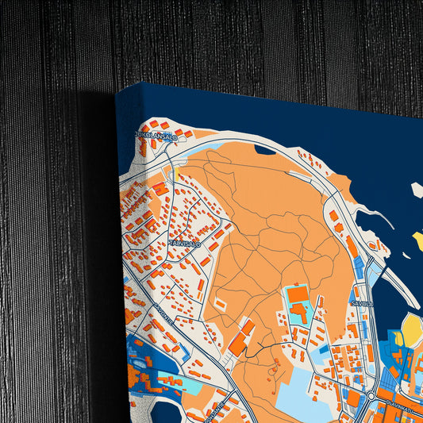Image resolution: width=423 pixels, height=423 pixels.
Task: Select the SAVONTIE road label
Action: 144,307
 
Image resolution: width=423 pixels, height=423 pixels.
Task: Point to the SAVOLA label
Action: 361,302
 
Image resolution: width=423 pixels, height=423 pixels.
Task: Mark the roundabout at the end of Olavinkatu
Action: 371,394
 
